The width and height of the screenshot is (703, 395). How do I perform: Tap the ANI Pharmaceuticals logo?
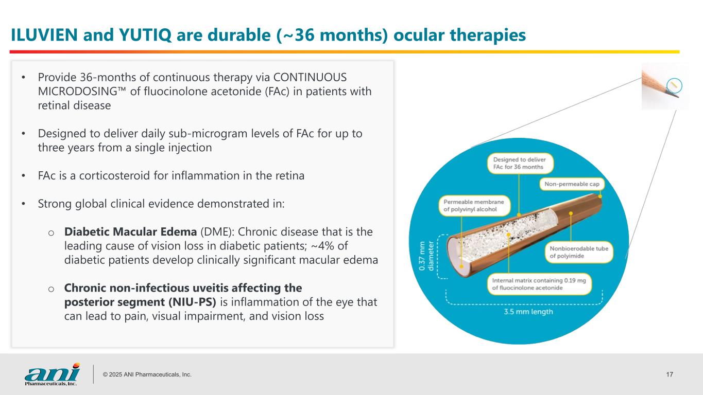[x=52, y=374]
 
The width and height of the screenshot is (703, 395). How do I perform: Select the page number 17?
[x=670, y=374]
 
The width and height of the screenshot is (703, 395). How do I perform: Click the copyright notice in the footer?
[x=147, y=374]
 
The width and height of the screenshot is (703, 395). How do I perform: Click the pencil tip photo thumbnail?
[x=664, y=86]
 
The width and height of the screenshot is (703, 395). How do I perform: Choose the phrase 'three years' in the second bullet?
[x=63, y=148]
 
